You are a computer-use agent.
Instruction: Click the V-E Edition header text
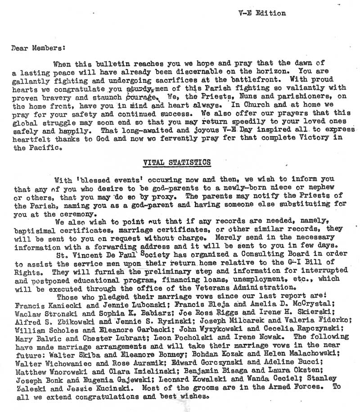(x=262, y=13)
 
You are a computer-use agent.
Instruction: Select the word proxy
(x=154, y=198)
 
